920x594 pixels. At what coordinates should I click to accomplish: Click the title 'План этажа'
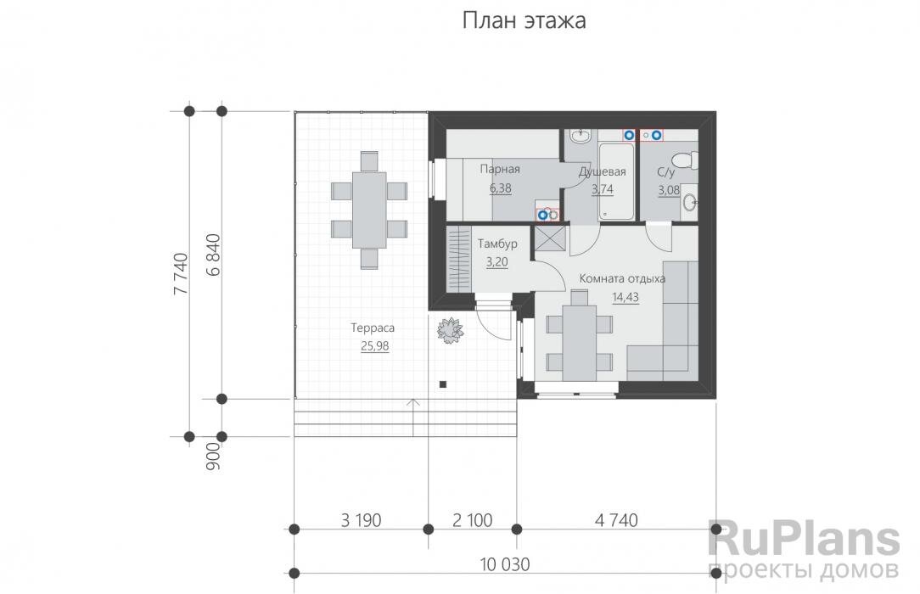[x=524, y=21]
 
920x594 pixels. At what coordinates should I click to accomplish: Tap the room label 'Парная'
[x=499, y=169]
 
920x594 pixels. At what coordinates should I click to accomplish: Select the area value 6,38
[x=500, y=188]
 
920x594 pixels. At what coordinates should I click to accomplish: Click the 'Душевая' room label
[x=602, y=172]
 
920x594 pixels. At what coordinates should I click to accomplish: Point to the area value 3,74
[x=602, y=190]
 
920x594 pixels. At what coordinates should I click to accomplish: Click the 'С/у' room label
[x=666, y=172]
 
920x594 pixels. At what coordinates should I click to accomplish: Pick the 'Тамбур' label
[x=496, y=244]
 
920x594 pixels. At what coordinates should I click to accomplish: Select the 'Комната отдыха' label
[x=621, y=278]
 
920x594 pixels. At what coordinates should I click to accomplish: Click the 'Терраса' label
[x=373, y=327]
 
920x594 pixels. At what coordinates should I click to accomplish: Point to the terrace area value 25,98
[x=374, y=345]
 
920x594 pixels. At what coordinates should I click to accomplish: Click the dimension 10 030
[x=504, y=563]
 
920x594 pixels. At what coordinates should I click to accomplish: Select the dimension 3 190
[x=360, y=519]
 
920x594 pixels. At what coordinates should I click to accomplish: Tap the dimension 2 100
[x=471, y=519]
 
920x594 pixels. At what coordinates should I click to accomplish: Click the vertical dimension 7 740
[x=181, y=272]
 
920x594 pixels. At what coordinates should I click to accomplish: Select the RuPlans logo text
[x=803, y=540]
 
